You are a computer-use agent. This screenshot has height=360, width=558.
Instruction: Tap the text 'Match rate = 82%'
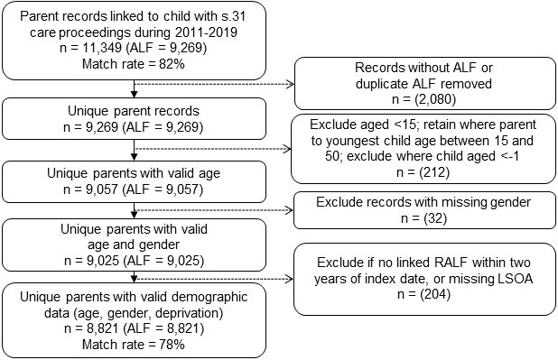(x=134, y=64)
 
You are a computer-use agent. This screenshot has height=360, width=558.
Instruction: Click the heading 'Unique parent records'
(x=134, y=111)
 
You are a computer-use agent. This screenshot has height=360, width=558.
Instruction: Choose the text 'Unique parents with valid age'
(x=134, y=173)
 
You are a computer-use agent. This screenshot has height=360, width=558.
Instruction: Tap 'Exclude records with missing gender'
(x=423, y=202)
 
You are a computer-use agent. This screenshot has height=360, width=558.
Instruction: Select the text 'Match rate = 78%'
(x=134, y=345)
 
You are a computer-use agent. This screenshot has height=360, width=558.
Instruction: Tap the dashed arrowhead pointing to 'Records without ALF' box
(x=291, y=84)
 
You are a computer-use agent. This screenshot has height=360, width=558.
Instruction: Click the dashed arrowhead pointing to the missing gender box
(x=289, y=210)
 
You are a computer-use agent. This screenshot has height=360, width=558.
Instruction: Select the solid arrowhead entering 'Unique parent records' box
(x=134, y=94)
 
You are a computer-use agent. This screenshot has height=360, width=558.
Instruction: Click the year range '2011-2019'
(x=206, y=32)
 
